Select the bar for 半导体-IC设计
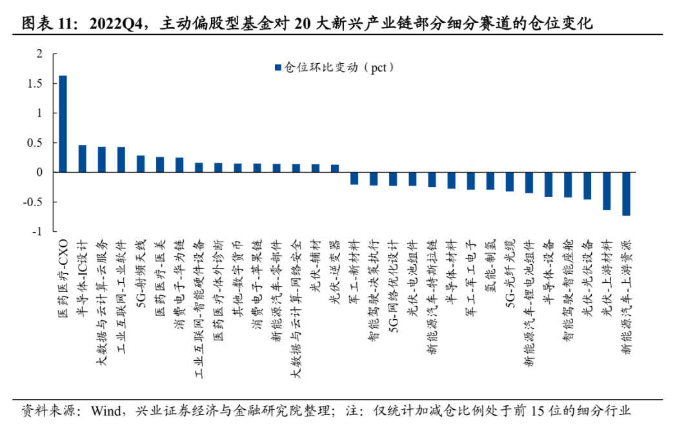point(82,159)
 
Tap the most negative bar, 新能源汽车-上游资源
point(626,193)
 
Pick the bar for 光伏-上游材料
point(607,191)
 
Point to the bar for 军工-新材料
point(354,178)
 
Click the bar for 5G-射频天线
point(141,164)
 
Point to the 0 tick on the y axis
point(40,172)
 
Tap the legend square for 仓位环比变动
point(278,67)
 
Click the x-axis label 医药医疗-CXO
point(63,271)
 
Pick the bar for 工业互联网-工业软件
point(121,159)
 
